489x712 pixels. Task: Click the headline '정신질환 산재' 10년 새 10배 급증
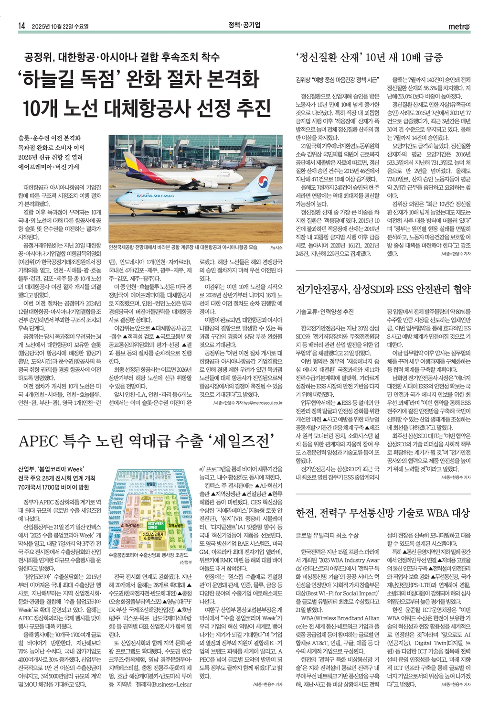pyautogui.click(x=376, y=58)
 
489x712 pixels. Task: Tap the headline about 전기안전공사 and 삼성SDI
pyautogui.click(x=383, y=289)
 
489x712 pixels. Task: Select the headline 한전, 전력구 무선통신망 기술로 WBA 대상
pyautogui.click(x=383, y=513)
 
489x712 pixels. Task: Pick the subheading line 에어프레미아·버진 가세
pyautogui.click(x=49, y=167)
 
